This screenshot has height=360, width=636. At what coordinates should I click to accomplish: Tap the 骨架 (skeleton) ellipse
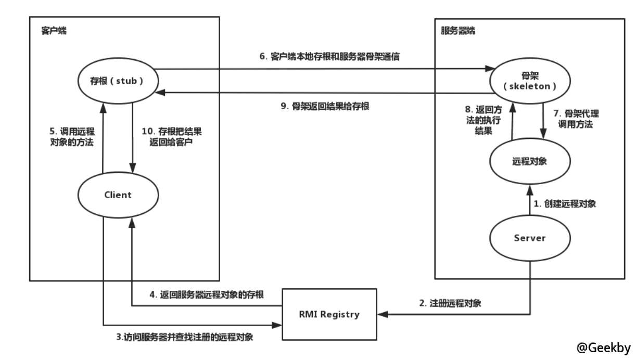point(528,81)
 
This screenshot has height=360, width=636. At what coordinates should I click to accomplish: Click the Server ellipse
point(529,238)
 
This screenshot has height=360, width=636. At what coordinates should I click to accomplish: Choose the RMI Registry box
point(329,314)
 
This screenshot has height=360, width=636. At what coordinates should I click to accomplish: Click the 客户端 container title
point(54,31)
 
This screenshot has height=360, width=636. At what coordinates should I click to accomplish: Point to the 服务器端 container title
point(457,31)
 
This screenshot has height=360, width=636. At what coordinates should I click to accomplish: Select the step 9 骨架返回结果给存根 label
point(325,106)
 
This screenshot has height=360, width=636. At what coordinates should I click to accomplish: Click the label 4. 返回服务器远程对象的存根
point(207,295)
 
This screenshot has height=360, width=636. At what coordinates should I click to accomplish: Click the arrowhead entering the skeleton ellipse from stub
point(489,69)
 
